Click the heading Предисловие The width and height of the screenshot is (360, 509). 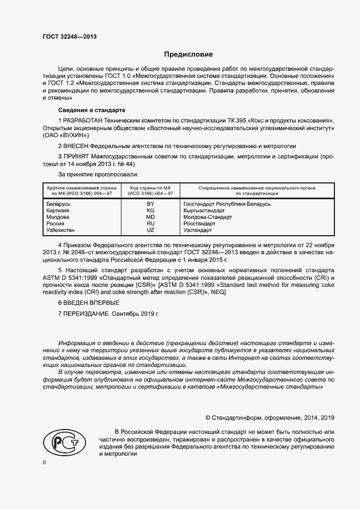pos(189,54)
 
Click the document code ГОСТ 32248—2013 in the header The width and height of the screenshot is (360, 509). pos(69,36)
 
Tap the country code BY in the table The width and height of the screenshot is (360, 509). pos(151,204)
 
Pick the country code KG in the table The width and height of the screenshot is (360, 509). pos(151,211)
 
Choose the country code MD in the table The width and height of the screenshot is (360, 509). pos(151,217)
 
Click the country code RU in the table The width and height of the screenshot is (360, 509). pos(151,224)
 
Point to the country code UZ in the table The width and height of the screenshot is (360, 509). pos(151,230)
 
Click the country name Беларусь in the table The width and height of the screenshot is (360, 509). pos(59,204)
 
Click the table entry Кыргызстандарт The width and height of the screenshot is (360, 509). pos(204,211)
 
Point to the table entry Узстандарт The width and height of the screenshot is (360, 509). pos(198,230)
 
